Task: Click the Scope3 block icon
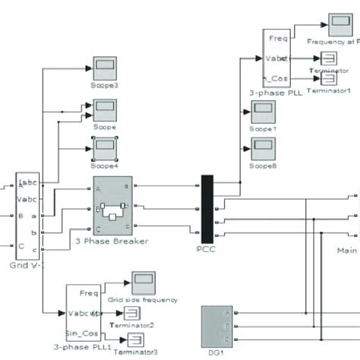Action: [103, 68]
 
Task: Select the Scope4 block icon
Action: [103, 149]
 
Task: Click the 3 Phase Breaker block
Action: [112, 207]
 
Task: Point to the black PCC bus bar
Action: [206, 205]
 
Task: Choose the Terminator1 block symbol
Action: [328, 79]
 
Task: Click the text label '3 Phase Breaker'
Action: [112, 242]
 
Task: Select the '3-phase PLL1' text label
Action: [82, 351]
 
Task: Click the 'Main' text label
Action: [347, 248]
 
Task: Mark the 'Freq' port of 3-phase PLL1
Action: [87, 292]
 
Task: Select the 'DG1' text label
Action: [215, 354]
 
